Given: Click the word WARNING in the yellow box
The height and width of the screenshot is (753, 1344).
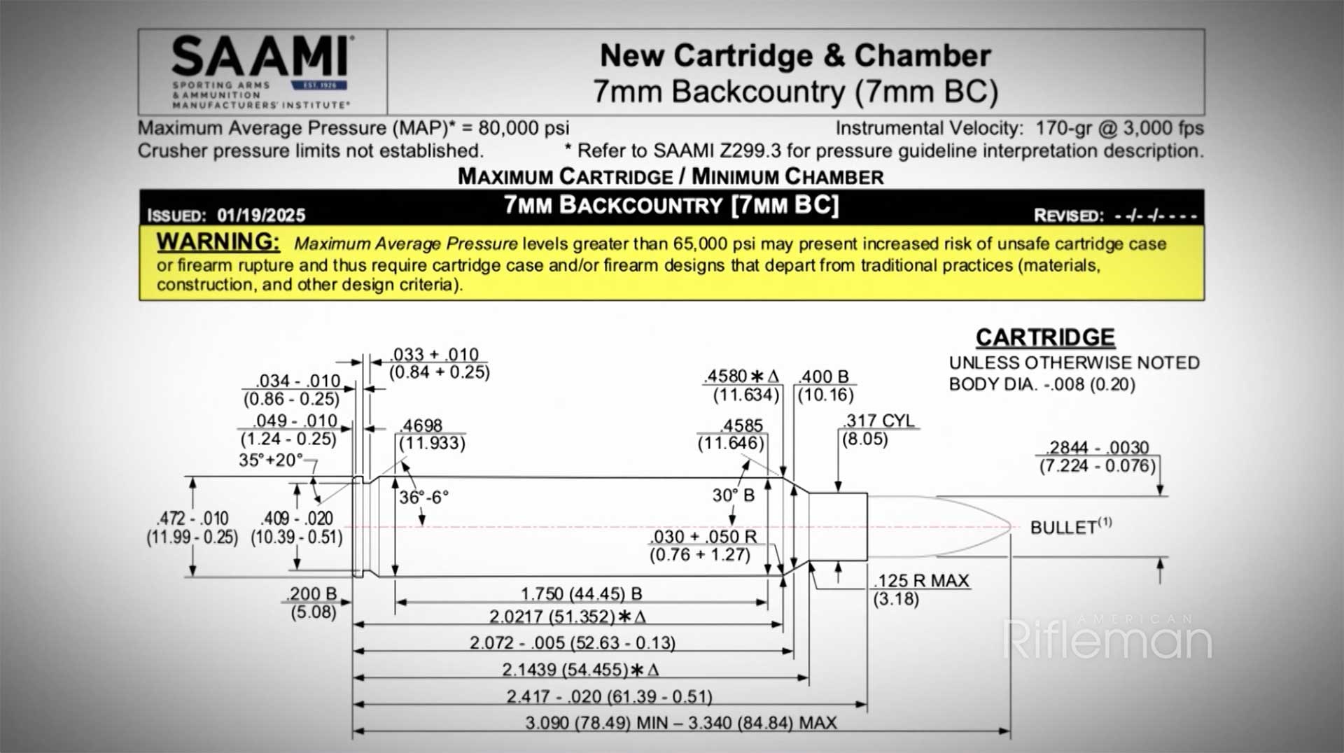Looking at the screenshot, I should click(x=218, y=241).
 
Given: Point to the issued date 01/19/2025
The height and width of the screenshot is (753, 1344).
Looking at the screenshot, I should click(x=260, y=215).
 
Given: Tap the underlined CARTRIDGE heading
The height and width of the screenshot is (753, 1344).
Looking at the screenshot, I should click(x=1045, y=337).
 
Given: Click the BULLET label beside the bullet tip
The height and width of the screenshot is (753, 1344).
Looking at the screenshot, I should click(x=1063, y=527).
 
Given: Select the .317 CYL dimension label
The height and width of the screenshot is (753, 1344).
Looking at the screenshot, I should click(x=878, y=421).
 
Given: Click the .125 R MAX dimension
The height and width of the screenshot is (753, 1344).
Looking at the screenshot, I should click(x=921, y=581).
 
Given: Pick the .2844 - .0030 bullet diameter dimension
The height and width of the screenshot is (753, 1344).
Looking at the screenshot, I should click(x=1097, y=447).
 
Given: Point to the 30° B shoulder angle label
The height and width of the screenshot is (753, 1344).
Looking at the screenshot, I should click(x=733, y=495).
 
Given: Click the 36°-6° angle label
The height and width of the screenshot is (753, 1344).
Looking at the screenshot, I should click(x=423, y=497).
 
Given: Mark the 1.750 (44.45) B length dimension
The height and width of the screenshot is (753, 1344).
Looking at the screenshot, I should click(x=581, y=593).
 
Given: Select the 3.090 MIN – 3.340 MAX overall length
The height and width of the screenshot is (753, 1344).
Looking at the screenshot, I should click(x=680, y=723).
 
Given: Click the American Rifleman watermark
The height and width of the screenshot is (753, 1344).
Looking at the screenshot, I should click(x=1107, y=638).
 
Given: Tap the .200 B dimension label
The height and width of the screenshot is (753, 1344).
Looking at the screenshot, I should click(x=312, y=594).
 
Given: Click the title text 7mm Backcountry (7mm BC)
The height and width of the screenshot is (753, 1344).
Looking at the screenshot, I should click(x=795, y=92).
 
